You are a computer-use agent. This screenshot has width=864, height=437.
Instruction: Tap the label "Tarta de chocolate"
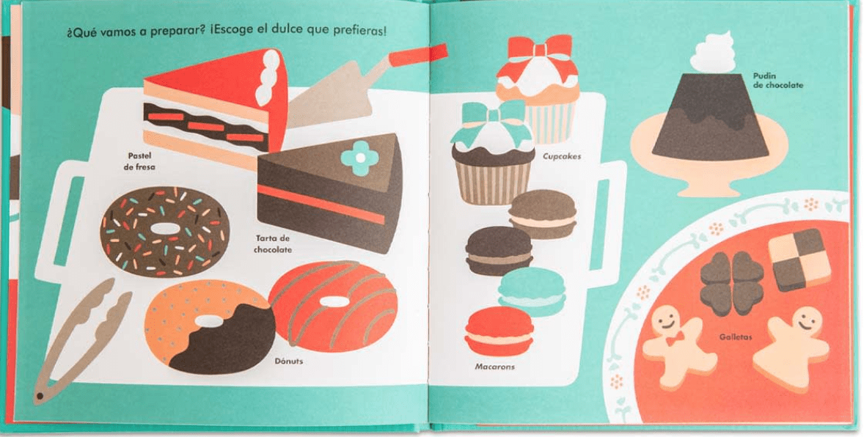(272, 244)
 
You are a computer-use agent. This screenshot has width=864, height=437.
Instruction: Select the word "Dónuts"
(289, 361)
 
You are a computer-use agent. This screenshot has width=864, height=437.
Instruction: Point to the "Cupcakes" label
(562, 156)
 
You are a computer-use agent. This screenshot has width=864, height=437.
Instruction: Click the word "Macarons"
(494, 367)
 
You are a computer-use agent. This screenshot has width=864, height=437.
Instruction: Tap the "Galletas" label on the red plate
(736, 337)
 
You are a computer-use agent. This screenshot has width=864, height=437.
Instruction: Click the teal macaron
(532, 292)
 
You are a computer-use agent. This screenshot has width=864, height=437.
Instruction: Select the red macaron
(499, 331)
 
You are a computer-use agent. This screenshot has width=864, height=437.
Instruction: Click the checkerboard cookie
(799, 258)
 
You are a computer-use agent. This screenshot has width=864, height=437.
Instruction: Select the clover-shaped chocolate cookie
(732, 283)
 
